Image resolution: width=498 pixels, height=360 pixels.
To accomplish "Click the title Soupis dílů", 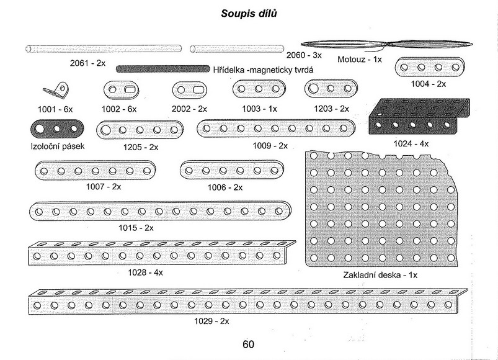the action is pos(249,14).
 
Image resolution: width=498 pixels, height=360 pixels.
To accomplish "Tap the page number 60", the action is pos(248,344).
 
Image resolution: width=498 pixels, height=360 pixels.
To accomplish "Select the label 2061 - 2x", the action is pos(87,63).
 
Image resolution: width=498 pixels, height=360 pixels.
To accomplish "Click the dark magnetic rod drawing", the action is pos(163,69).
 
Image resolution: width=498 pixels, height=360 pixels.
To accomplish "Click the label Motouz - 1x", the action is pos(360,60).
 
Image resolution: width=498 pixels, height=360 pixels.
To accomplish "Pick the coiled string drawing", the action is pos(386,45).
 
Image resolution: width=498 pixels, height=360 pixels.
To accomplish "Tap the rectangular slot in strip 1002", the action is pos(130,89).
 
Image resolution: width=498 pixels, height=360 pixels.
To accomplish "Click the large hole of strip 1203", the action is pos(313,88).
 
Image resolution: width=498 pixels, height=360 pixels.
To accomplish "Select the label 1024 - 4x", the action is pos(411,144).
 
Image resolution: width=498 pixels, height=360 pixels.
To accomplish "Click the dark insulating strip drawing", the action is pos(57,129).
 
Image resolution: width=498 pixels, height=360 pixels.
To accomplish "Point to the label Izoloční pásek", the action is pos(58,146).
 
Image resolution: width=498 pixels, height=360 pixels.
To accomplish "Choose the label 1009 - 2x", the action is pos(270,146).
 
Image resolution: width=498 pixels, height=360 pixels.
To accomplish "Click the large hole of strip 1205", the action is pos(106,130).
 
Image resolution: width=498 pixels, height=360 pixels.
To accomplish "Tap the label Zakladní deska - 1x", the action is pos(380,275).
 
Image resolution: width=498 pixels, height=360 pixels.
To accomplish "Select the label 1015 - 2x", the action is pos(136,228).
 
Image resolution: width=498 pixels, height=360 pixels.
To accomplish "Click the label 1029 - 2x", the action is pos(211,321).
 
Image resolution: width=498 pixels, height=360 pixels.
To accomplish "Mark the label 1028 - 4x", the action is pos(146,272).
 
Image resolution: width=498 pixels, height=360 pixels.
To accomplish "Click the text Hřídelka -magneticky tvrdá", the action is pos(263,70).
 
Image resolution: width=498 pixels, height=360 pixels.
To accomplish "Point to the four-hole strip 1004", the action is pos(430,68).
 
